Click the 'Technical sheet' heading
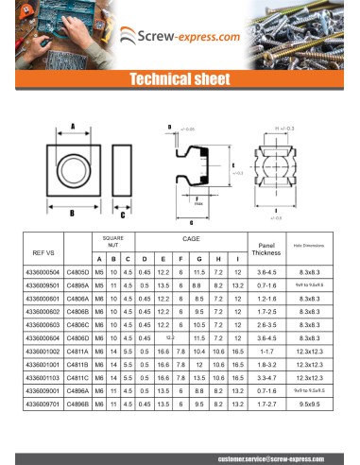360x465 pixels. pos(180,79)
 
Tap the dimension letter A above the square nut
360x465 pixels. pos(73,127)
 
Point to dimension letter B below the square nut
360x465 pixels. pos(72,213)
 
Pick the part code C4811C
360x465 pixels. pos(78,376)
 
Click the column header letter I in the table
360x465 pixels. pos(236,259)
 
